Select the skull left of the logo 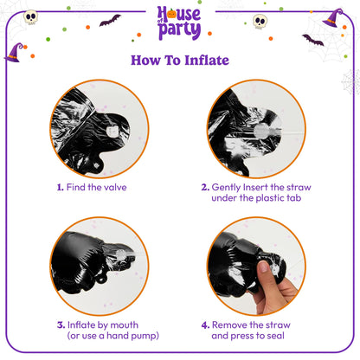click(x=30, y=16)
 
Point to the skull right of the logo click(x=260, y=21)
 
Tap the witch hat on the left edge click(x=15, y=53)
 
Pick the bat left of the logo click(x=110, y=20)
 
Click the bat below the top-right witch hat click(x=312, y=40)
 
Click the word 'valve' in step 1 click(x=112, y=186)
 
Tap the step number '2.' click(x=205, y=186)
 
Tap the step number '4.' click(x=205, y=325)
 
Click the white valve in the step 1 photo click(x=111, y=129)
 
